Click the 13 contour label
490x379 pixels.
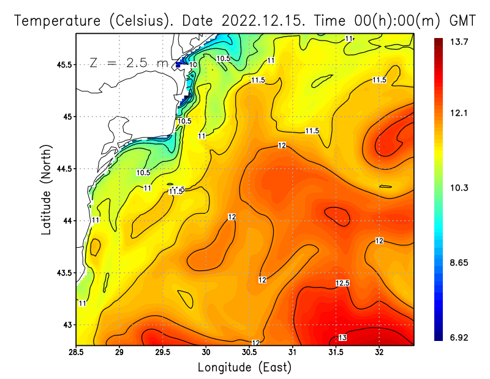pyautogui.click(x=342, y=338)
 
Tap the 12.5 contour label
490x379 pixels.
pyautogui.click(x=342, y=283)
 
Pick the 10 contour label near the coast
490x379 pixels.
pyautogui.click(x=193, y=64)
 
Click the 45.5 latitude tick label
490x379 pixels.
pyautogui.click(x=62, y=64)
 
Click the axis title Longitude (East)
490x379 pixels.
pyautogui.click(x=244, y=367)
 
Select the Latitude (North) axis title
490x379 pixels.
pyautogui.click(x=47, y=189)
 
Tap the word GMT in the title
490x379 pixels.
pyautogui.click(x=463, y=20)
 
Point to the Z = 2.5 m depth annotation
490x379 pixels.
pyautogui.click(x=129, y=63)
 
